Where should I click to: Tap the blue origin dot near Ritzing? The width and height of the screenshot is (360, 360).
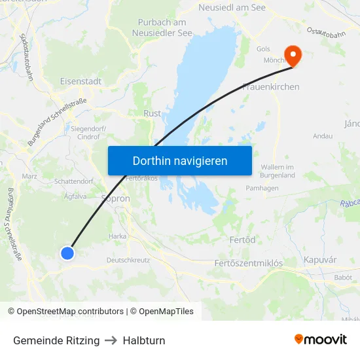pos(67,253)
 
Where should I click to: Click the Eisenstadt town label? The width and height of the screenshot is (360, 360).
pos(81,81)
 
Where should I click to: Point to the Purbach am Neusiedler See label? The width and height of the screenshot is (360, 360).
pos(162,27)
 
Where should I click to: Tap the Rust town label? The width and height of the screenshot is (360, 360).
pos(152,113)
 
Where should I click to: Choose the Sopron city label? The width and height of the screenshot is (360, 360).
pos(116,198)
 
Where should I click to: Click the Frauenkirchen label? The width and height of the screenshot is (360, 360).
pos(270,86)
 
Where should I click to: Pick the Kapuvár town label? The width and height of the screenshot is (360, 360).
pos(320,260)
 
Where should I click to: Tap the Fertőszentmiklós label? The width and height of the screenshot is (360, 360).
pos(249,263)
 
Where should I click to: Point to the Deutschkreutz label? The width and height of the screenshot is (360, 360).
pos(128,260)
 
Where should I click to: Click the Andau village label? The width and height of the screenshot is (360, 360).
pos(323,136)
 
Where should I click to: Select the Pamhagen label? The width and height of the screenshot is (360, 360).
pos(262,188)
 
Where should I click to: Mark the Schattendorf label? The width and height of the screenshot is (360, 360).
pos(74,181)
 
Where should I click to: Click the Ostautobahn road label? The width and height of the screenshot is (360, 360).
pos(326,32)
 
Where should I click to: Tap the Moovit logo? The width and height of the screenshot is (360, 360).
pos(321,339)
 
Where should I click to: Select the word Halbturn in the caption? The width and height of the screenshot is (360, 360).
pos(144,340)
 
